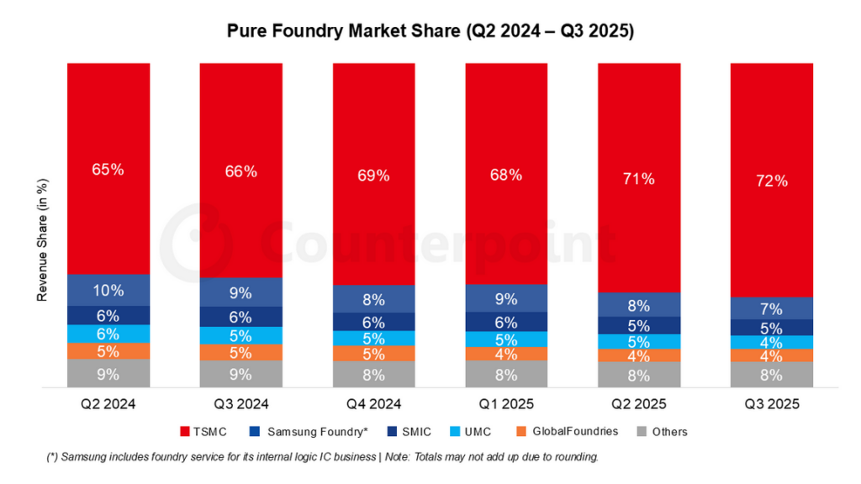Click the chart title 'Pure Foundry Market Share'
pyautogui.click(x=430, y=31)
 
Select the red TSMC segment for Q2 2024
pyautogui.click(x=108, y=168)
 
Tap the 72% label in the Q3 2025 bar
pyautogui.click(x=771, y=181)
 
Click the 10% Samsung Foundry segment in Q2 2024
pyautogui.click(x=108, y=290)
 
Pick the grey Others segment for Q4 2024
pyautogui.click(x=373, y=375)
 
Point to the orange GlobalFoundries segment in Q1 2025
pyautogui.click(x=506, y=355)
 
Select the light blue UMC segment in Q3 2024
pyautogui.click(x=240, y=335)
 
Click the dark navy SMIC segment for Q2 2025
pyautogui.click(x=639, y=325)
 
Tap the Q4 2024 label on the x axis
pyautogui.click(x=373, y=403)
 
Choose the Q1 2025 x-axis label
pyautogui.click(x=506, y=403)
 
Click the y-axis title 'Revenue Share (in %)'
pyautogui.click(x=41, y=244)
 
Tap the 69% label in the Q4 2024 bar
pyautogui.click(x=373, y=176)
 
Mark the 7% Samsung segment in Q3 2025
pyautogui.click(x=771, y=308)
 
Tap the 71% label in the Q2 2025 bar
pyautogui.click(x=639, y=179)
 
